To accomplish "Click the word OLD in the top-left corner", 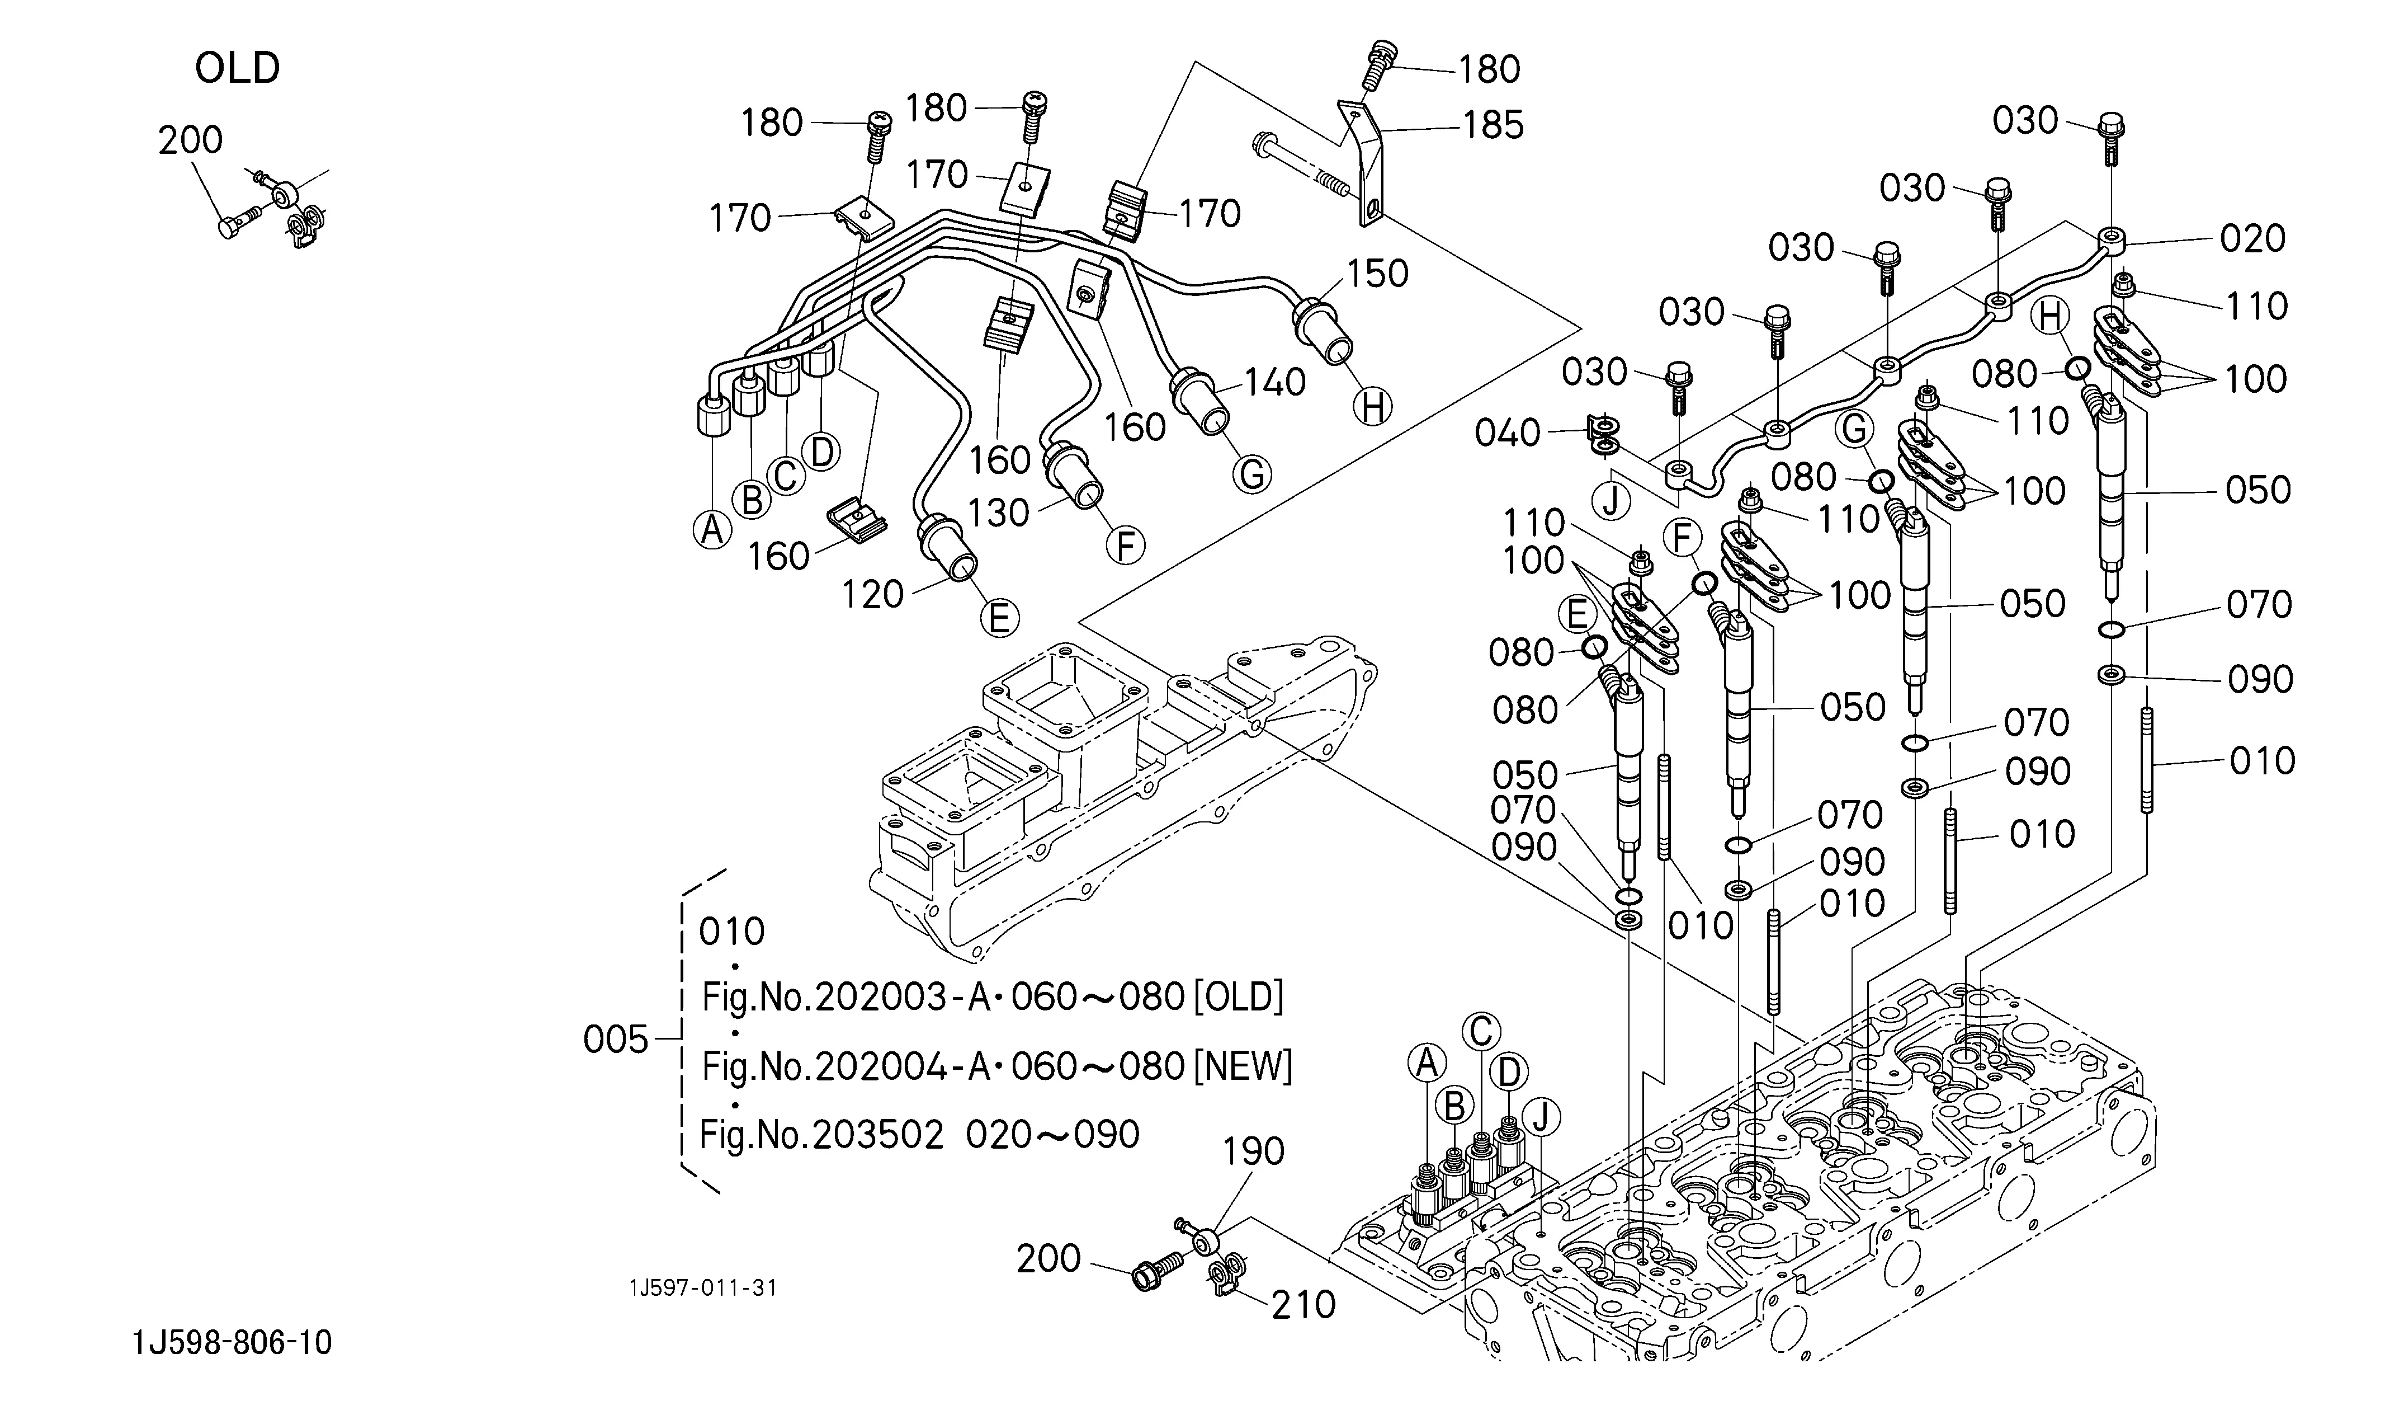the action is click(x=238, y=69).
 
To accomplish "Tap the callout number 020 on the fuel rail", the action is click(x=2252, y=238).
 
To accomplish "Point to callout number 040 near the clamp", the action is click(x=1507, y=433).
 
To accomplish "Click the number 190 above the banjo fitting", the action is click(x=1254, y=1152).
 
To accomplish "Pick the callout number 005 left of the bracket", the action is click(x=615, y=1040).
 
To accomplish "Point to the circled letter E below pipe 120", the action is click(x=999, y=618).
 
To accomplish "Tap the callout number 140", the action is click(x=1274, y=383).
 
